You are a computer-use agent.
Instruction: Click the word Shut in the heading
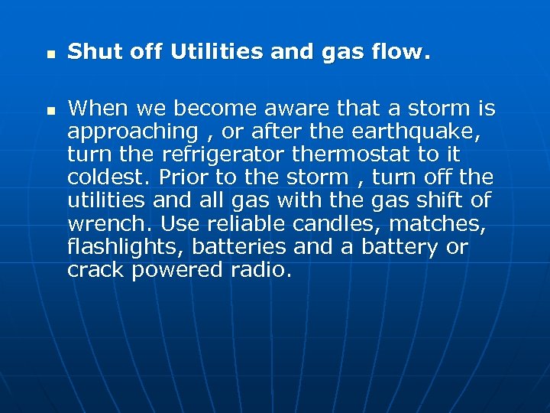point(90,53)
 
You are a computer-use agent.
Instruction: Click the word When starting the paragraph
point(95,109)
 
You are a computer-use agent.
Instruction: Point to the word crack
point(95,270)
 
